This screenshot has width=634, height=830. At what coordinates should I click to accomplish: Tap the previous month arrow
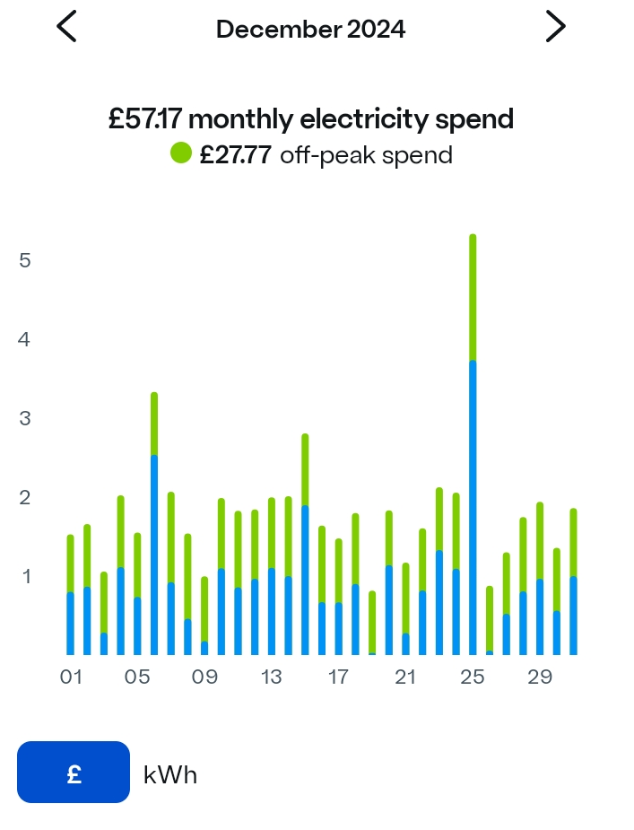coord(66,27)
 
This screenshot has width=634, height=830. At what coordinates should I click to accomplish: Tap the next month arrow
coord(556,27)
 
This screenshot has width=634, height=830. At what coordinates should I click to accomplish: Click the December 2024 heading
coord(310,29)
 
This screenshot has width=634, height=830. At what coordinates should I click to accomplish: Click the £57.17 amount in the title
coord(145,118)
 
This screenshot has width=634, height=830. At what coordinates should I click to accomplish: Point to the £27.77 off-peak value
coord(235,155)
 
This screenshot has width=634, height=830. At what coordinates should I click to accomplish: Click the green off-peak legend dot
coord(181,153)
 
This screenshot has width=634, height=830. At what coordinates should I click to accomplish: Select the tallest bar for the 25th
coord(473,449)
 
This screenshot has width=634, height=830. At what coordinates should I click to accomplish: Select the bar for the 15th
coord(305,547)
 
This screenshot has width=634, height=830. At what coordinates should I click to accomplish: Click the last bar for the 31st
coord(573,583)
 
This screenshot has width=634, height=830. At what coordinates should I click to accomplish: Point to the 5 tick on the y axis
coord(25,260)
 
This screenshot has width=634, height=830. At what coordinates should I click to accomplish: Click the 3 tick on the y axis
coord(25,418)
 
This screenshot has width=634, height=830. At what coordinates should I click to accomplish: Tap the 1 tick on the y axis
coord(25,576)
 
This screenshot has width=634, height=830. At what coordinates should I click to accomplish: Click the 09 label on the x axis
coord(204,677)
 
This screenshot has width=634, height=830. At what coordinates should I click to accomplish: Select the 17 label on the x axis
coord(338,677)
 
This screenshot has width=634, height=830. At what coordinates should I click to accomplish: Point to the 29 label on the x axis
coord(540,677)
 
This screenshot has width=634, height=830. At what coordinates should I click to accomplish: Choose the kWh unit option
coord(170,774)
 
